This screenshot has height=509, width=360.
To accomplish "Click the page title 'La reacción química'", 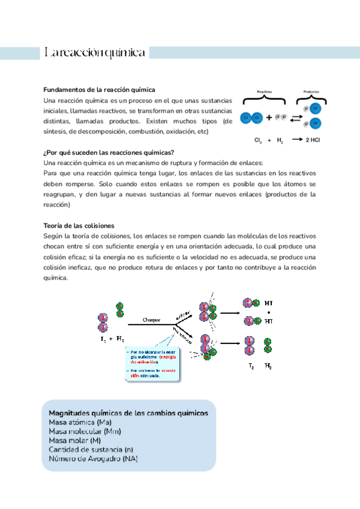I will tap(95, 53).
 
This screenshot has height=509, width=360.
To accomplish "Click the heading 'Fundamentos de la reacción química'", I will tap(100, 89).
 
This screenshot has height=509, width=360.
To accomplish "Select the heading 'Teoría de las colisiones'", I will tap(79, 226).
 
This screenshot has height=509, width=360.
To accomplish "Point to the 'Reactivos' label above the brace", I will tap(265, 92).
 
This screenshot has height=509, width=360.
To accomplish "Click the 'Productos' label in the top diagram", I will tap(311, 92).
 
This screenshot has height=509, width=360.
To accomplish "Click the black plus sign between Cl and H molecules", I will tap(269, 118).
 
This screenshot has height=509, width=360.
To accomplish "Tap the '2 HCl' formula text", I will tap(314, 140).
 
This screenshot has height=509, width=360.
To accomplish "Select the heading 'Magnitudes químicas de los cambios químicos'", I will tap(128, 414).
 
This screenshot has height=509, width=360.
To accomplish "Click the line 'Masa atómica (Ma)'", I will tap(80, 423).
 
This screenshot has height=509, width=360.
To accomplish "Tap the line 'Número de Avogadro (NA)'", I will tap(93, 459).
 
